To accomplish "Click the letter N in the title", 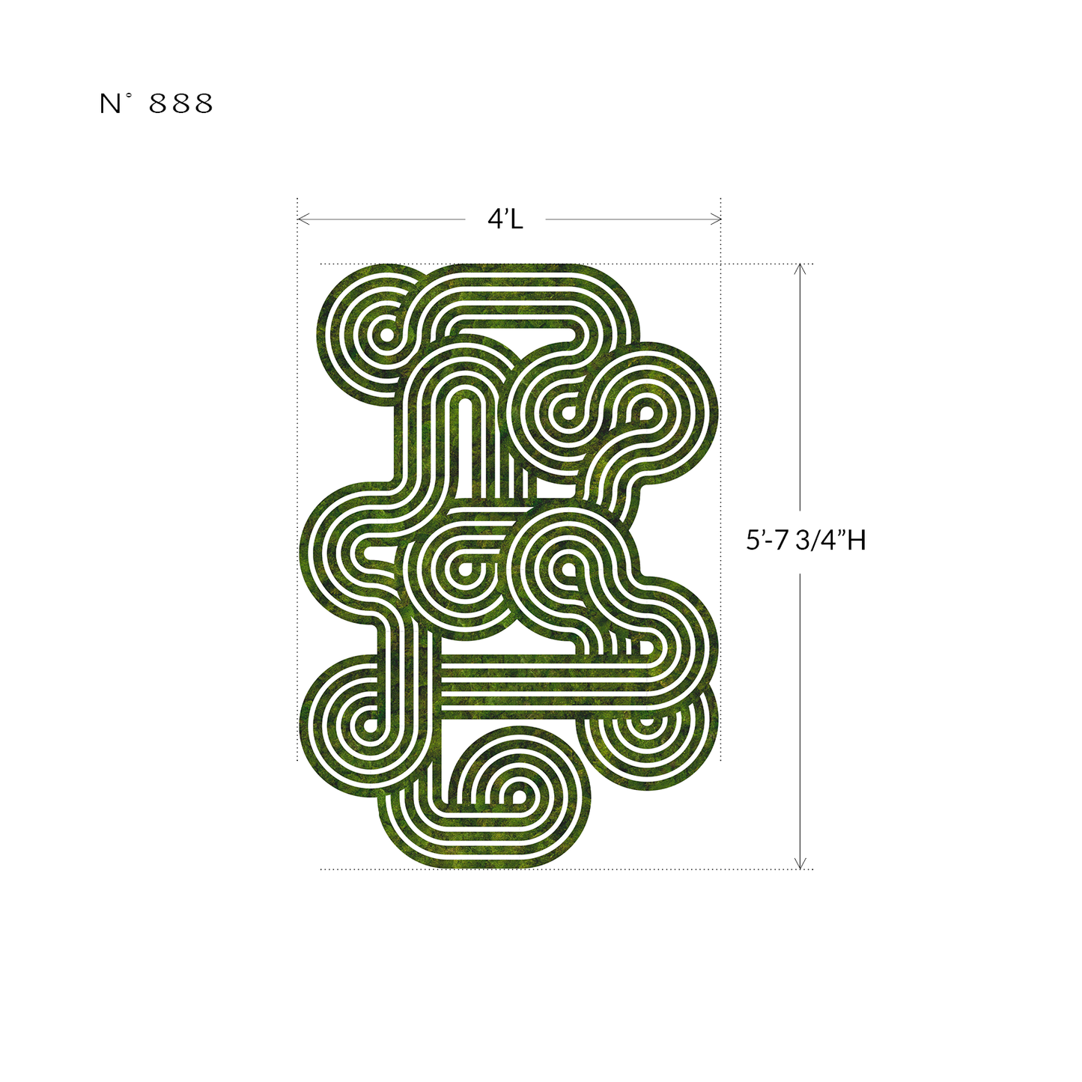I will coord(109,104).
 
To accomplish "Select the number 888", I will coord(181,104).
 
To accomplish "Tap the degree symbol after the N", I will coord(129,97).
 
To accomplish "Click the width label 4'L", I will coord(505,219).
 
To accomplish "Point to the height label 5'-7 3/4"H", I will coord(806,540).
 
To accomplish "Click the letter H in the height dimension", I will coord(857,540).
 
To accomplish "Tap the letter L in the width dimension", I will coord(516,219).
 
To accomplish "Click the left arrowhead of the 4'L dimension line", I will coord(301,219).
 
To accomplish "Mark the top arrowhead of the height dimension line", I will coord(800,268).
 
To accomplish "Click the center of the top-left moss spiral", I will coord(386,335).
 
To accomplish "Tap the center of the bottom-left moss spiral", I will coord(368,724).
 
